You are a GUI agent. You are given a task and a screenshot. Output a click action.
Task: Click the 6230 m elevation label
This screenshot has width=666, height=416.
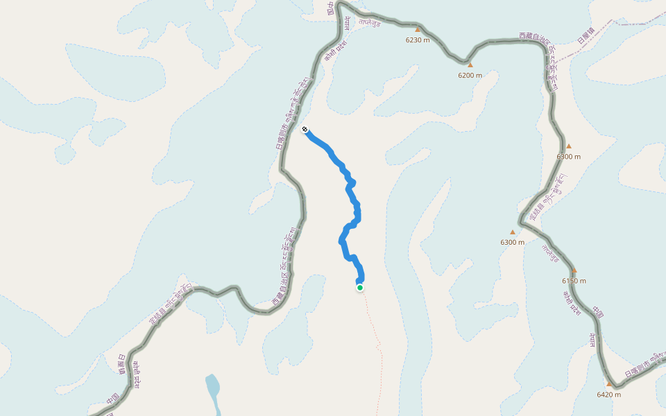(418, 40)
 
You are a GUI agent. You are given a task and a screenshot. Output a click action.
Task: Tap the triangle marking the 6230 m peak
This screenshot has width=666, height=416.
(418, 30)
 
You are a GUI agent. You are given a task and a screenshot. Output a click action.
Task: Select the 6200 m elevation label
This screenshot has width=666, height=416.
(470, 75)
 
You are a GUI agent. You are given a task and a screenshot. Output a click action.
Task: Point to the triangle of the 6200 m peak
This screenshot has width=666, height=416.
(470, 65)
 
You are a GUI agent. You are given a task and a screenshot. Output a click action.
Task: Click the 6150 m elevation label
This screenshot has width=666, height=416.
(574, 281)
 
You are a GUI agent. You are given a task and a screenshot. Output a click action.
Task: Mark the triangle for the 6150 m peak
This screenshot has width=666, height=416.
(574, 270)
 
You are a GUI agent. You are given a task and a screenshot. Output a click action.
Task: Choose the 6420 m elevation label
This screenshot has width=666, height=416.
(608, 395)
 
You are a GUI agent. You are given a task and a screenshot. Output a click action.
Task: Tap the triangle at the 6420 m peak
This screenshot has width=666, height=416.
(608, 384)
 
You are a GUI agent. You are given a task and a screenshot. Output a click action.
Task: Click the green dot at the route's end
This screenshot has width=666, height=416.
(360, 287)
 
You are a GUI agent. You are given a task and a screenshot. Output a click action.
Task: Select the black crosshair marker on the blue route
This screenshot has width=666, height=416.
(305, 129)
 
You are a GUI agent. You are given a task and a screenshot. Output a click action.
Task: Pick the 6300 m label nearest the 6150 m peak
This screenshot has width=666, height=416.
(513, 242)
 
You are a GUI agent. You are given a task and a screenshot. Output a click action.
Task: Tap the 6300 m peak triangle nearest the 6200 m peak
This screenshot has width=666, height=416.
(569, 146)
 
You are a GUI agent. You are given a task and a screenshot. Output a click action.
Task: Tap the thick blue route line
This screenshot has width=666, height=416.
(345, 236)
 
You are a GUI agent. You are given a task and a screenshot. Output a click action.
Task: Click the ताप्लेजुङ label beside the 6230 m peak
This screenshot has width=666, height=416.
(370, 21)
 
